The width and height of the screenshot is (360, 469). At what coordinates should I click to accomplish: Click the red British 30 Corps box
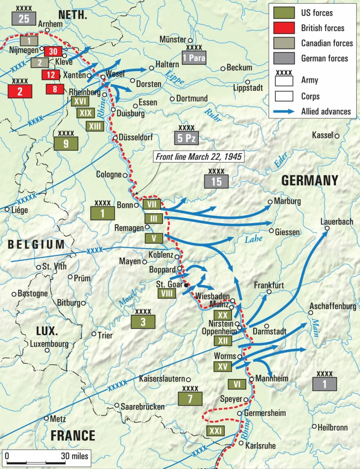53,51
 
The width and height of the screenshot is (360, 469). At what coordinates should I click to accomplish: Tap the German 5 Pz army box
186,138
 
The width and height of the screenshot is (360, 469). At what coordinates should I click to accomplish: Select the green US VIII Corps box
166,293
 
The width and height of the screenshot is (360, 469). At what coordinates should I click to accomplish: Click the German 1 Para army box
194,58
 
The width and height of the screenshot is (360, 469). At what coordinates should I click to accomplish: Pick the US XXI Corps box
215,431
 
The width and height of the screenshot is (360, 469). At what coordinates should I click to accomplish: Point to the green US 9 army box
66,143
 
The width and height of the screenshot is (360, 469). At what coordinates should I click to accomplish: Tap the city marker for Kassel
337,136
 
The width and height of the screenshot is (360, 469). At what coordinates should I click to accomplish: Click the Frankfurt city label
269,285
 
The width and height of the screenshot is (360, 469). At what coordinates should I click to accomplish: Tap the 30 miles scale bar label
75,456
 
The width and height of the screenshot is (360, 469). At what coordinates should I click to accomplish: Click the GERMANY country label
310,180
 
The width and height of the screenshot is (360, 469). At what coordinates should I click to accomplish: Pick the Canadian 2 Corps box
39,62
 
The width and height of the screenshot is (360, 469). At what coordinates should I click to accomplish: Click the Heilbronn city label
333,427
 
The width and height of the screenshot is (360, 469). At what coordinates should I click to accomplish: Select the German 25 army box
24,18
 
